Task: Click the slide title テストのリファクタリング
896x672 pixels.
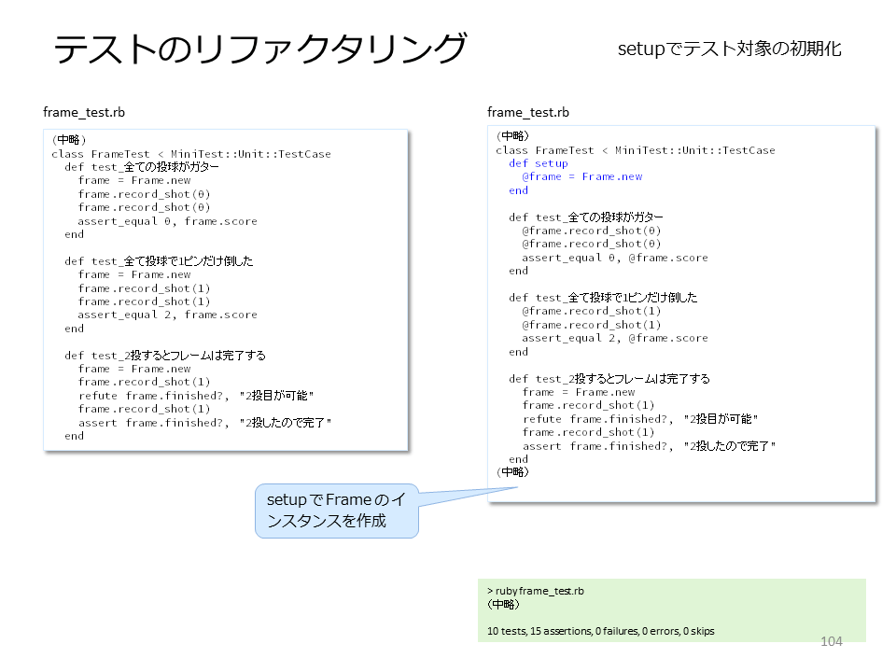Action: [x=260, y=48]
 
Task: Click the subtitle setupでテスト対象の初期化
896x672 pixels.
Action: [x=729, y=49]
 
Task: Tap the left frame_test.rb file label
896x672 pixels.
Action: [x=84, y=112]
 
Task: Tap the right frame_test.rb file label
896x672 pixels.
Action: [x=528, y=112]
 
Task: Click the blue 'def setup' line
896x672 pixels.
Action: [x=539, y=163]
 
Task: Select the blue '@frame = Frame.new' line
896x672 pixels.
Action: [x=581, y=176]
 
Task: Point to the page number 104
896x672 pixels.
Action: [x=832, y=641]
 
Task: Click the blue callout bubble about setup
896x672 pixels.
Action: [x=337, y=511]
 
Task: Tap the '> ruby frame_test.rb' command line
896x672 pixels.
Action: [x=536, y=591]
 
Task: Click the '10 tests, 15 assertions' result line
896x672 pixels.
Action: [x=600, y=631]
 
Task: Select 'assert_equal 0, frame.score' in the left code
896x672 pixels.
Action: [x=167, y=221]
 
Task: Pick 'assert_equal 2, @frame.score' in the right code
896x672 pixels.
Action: [x=615, y=338]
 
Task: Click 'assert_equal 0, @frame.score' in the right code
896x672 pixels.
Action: [x=615, y=258]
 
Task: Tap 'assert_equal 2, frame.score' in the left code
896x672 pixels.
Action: [x=167, y=315]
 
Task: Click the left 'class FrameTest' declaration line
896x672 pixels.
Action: [x=190, y=154]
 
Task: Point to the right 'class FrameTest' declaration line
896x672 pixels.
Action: [x=636, y=150]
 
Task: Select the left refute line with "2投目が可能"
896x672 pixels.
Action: [x=196, y=396]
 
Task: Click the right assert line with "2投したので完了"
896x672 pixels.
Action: [x=650, y=446]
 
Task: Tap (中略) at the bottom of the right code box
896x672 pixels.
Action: [x=512, y=472]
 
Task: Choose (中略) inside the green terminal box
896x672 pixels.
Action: [x=503, y=604]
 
